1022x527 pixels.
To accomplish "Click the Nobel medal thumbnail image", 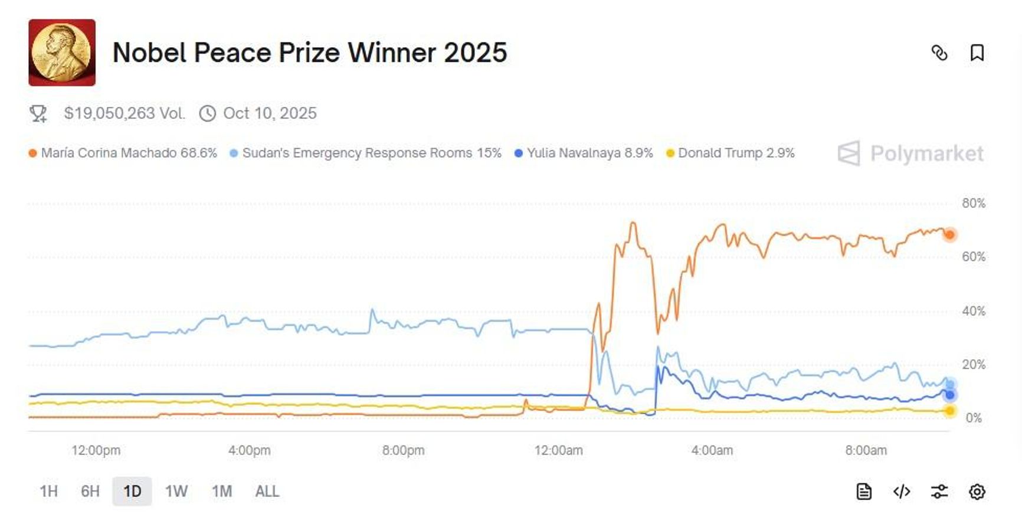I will point(62,53).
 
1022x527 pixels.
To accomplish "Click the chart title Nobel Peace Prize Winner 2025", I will point(309,53).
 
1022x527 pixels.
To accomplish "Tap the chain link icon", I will point(939,53).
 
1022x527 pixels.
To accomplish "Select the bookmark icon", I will point(977,53).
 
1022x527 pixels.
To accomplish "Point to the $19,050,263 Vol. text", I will point(124,113).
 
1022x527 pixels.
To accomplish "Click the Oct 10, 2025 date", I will point(270,113).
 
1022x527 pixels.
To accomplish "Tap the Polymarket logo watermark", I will point(910,154).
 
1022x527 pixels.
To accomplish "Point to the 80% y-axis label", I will point(973,204).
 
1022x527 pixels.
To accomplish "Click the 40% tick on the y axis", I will point(973,311).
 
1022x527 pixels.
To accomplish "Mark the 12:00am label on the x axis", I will point(558,451).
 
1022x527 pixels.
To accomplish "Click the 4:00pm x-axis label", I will point(249,451).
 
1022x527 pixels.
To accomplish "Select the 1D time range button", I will point(132,492).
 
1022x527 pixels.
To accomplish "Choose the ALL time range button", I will point(267,492).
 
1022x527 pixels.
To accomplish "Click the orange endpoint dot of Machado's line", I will point(949,235).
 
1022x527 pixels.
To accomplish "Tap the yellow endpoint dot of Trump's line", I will point(949,411).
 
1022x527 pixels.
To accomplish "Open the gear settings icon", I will point(977,492).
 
